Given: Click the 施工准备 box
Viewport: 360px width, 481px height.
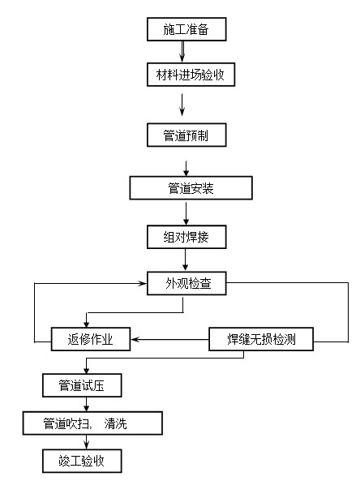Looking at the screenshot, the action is [x=186, y=29].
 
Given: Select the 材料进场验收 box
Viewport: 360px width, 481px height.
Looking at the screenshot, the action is [x=191, y=75].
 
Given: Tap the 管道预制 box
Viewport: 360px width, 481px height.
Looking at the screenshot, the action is [x=186, y=135].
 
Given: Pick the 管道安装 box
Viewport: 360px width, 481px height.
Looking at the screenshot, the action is [x=191, y=187].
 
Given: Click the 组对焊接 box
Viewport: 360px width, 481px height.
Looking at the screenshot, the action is [x=186, y=237].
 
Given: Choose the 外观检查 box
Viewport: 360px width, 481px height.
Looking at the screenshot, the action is [x=186, y=283].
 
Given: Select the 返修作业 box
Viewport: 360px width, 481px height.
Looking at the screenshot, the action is [x=91, y=339].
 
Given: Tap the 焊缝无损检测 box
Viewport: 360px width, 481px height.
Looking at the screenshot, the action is [x=261, y=339].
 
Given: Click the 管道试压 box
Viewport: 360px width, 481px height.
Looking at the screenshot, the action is [x=82, y=385].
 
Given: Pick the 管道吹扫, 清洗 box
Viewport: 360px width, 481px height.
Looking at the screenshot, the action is [x=92, y=423].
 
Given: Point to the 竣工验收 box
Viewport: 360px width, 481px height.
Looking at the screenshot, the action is [x=82, y=461].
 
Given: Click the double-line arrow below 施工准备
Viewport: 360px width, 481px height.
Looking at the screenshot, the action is [x=182, y=52].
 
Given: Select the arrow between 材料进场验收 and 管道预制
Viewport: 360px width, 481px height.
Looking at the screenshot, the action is [x=182, y=105].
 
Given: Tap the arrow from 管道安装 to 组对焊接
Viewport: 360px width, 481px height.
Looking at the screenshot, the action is [x=186, y=213].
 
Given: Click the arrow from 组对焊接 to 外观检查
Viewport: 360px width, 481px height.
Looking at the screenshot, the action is [x=185, y=260].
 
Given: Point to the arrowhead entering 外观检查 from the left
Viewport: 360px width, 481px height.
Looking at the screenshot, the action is [x=143, y=283].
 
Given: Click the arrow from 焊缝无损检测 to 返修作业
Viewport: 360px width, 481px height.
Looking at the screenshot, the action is [x=169, y=339].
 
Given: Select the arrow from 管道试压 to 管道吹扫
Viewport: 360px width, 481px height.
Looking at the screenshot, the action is [x=87, y=404].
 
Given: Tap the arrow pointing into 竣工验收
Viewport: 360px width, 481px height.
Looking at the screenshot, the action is [x=87, y=442].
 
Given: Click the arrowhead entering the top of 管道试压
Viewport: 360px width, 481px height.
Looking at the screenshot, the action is [x=87, y=370].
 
